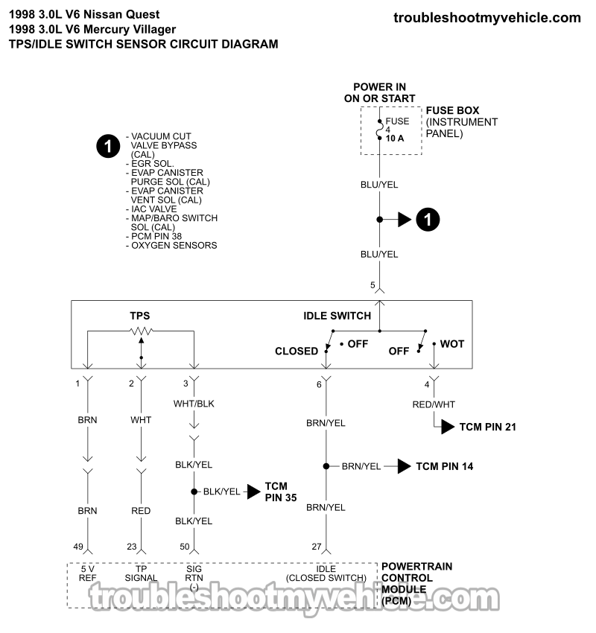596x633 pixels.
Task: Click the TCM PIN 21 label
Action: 487,427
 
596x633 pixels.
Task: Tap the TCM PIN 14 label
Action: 444,466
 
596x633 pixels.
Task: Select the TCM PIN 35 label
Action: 276,492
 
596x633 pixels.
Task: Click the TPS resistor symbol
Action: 141,331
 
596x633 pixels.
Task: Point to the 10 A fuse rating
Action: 394,138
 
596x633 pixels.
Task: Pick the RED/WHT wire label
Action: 434,404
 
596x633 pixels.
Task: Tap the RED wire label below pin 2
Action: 141,511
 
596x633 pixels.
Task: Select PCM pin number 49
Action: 77,547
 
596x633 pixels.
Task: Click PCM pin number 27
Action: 316,547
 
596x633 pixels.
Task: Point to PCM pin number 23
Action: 131,547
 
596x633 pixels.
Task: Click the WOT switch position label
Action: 451,344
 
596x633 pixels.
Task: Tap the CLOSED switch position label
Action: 297,351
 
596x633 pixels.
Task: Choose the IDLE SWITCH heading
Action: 337,316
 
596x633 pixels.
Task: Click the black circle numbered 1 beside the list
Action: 108,146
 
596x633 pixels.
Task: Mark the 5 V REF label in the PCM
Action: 88,572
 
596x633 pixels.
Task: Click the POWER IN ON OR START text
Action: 379,92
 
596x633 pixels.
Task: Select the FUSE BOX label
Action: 452,111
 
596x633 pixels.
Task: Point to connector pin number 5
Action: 372,285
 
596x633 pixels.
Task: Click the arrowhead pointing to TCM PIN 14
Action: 404,466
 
